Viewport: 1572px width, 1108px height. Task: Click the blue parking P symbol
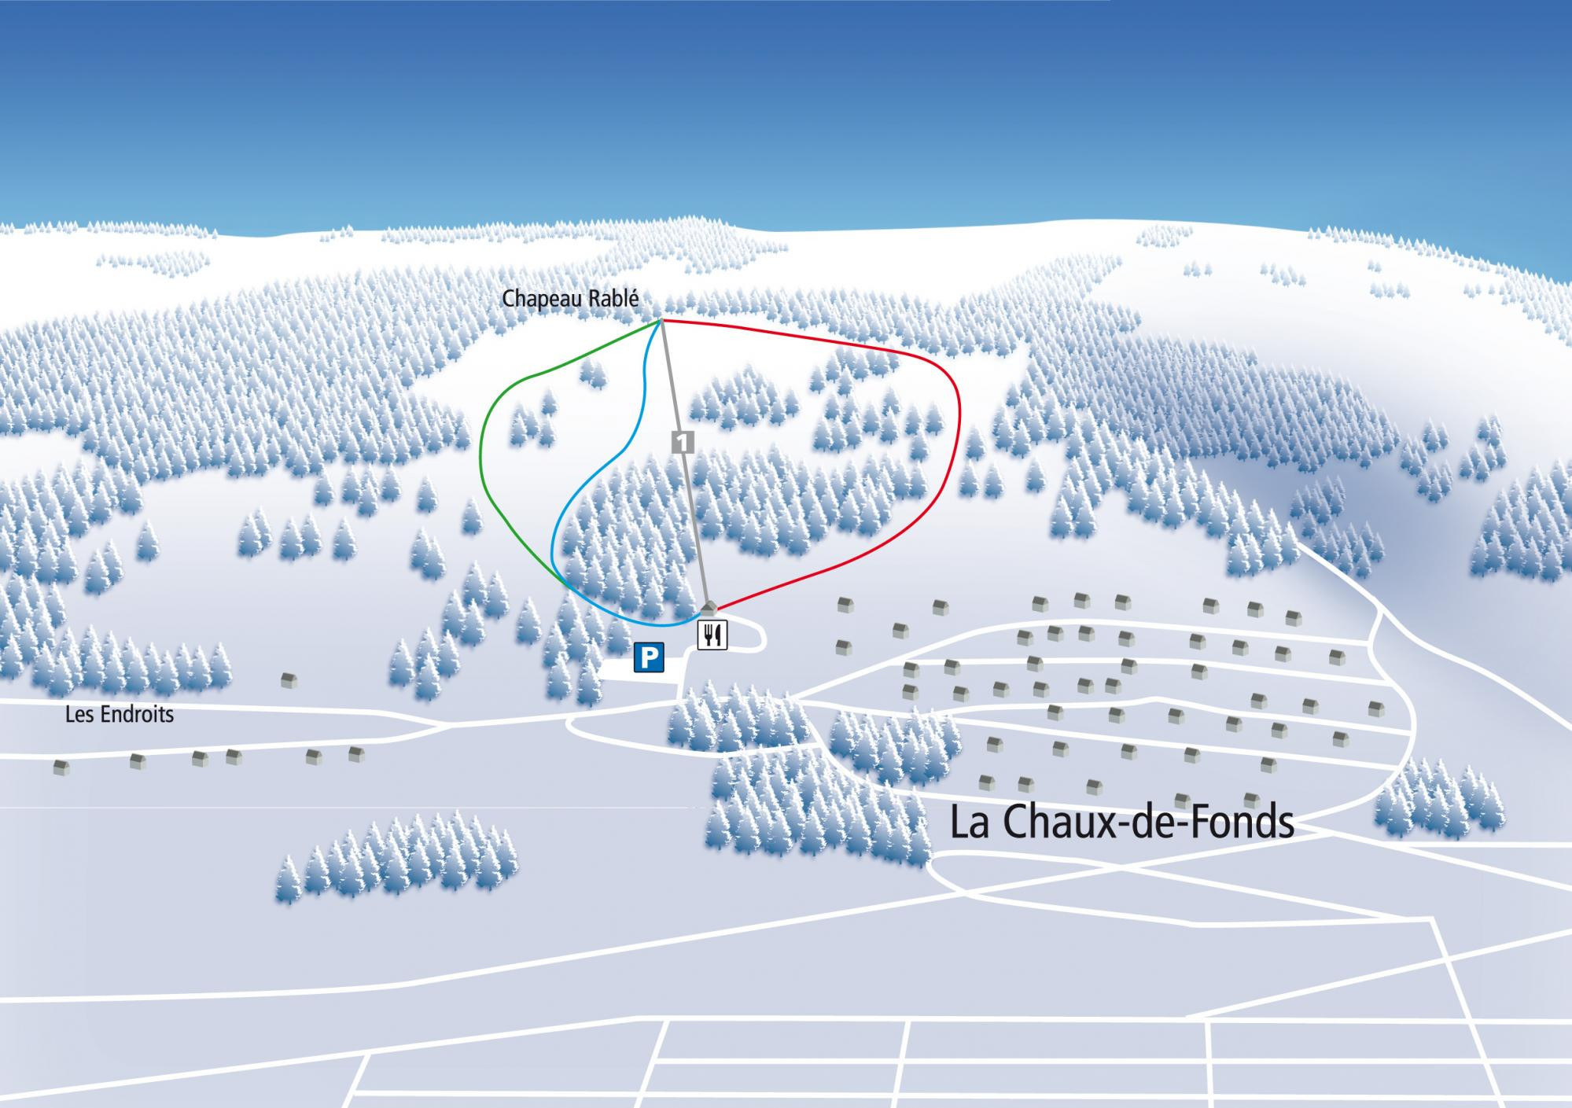(649, 657)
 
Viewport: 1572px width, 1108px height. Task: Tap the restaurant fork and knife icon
(712, 635)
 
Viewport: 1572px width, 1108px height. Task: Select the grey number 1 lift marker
(682, 442)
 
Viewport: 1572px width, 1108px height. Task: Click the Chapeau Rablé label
(569, 299)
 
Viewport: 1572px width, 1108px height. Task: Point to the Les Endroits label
(120, 715)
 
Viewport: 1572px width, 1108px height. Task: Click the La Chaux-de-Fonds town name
(1122, 823)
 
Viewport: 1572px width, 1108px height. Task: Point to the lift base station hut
(709, 608)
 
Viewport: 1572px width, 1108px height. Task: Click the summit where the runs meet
(661, 321)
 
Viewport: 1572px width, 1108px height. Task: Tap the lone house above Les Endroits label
(289, 680)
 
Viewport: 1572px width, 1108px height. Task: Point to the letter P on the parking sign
(649, 657)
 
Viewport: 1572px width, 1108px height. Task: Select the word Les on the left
(78, 715)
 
